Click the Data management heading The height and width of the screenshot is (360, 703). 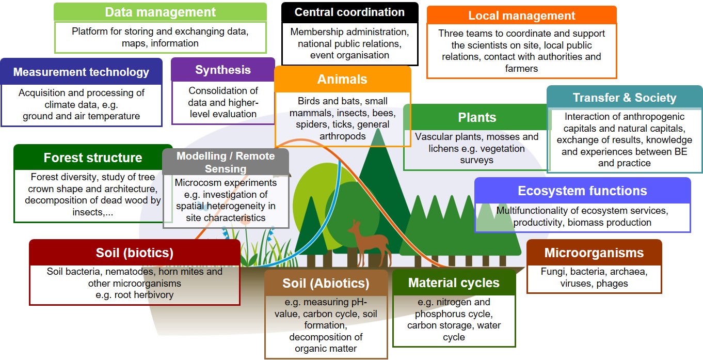[x=160, y=12]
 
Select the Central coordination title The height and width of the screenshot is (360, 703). [x=349, y=12]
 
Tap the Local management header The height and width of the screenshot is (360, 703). [x=522, y=15]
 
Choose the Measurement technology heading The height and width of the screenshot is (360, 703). [x=81, y=72]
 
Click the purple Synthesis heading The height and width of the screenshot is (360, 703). [x=223, y=70]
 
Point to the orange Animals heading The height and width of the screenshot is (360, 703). [x=342, y=79]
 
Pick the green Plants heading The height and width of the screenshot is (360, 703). [x=477, y=117]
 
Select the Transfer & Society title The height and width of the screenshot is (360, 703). [x=625, y=98]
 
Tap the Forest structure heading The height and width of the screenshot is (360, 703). [x=93, y=158]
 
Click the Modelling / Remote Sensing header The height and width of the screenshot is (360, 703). [x=226, y=162]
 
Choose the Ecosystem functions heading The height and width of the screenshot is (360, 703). [x=583, y=191]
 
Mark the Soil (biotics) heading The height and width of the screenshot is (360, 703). [x=135, y=253]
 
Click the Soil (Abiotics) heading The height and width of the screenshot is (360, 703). [x=326, y=284]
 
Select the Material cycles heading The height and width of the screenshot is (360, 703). [x=454, y=283]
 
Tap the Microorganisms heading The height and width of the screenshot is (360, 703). [x=594, y=253]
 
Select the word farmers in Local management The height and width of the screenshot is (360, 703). [x=521, y=69]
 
